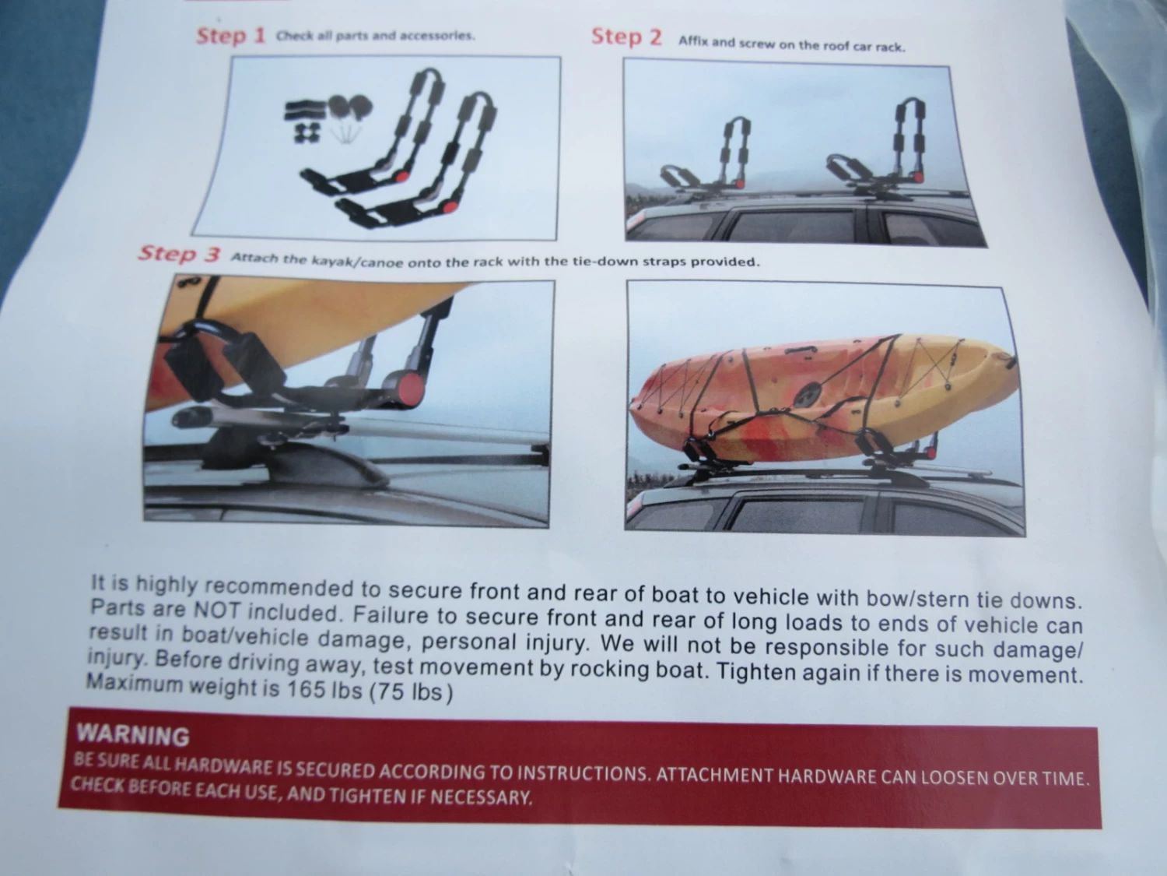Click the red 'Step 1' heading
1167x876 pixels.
pyautogui.click(x=231, y=36)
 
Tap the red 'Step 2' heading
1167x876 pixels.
pyautogui.click(x=627, y=37)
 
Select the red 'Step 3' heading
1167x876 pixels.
pyautogui.click(x=179, y=254)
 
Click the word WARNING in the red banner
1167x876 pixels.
pyautogui.click(x=133, y=736)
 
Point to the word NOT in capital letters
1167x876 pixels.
pyautogui.click(x=216, y=610)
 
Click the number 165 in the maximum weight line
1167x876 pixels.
pyautogui.click(x=306, y=689)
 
